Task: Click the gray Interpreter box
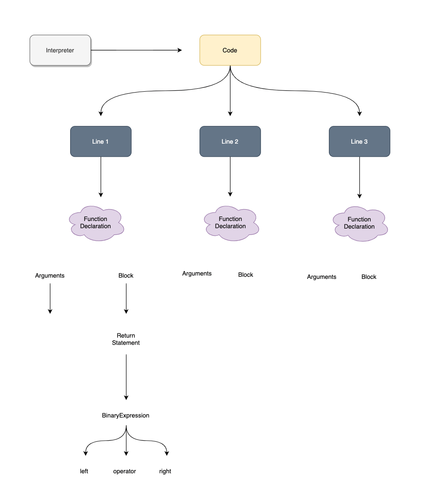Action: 60,50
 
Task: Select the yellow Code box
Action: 230,50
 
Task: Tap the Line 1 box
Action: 101,142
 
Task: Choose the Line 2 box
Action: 230,142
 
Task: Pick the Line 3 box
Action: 359,142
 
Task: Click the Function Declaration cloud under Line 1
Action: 96,223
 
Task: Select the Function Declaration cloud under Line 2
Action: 231,223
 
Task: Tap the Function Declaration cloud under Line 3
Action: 360,223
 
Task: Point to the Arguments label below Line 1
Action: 50,276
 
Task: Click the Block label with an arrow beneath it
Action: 126,276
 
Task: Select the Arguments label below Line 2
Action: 197,273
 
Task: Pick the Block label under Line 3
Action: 369,277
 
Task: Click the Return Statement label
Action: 126,339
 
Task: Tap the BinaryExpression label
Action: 126,415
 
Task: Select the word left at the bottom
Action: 84,471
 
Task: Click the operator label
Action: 125,471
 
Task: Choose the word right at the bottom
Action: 165,471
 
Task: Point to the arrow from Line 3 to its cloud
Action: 359,177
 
